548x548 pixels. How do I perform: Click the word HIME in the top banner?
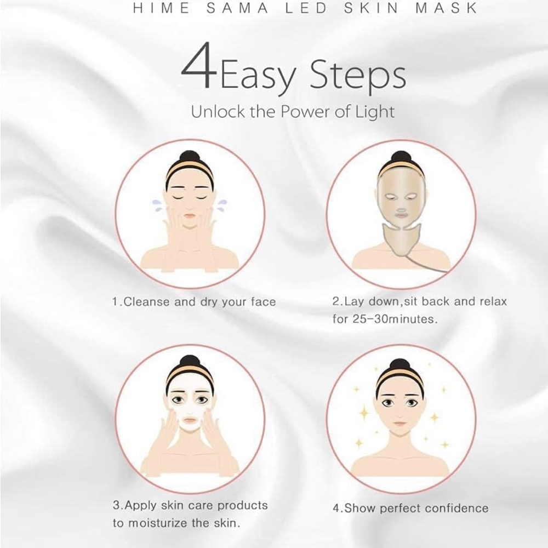[162, 8]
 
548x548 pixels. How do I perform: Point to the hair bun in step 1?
[190, 157]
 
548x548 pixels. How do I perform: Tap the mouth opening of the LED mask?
[402, 211]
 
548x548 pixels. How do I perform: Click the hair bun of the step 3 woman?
[190, 362]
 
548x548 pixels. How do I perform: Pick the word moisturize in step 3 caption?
[158, 523]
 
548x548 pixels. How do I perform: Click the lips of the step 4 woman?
[400, 424]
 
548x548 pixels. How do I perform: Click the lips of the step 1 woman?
[190, 215]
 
